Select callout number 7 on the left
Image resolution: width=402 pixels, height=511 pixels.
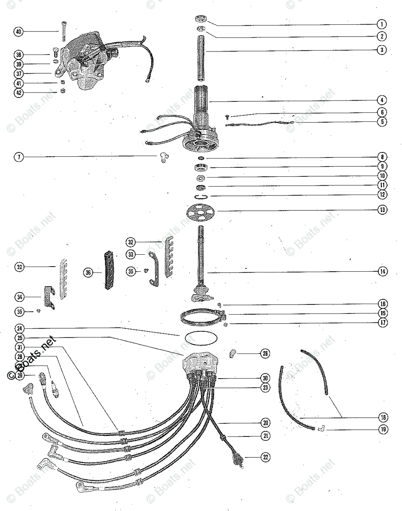click(x=18, y=157)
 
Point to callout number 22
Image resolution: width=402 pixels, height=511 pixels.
click(x=265, y=457)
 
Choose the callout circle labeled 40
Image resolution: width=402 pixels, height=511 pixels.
click(x=18, y=32)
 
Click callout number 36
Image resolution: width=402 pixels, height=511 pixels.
click(x=88, y=273)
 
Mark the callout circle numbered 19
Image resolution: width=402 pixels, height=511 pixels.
click(x=383, y=429)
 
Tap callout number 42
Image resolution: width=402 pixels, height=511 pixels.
click(x=18, y=92)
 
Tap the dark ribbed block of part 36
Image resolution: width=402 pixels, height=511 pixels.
click(x=109, y=270)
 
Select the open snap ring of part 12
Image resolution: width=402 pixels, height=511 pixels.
click(x=201, y=196)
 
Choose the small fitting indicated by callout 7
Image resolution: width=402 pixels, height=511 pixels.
click(x=162, y=158)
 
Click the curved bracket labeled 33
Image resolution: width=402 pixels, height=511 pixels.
click(x=152, y=269)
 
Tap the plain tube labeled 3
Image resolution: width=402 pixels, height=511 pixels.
click(x=201, y=59)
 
